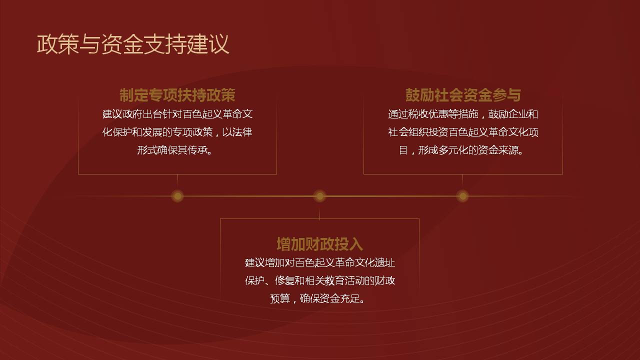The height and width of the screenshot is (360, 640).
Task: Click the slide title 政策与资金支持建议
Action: (x=133, y=44)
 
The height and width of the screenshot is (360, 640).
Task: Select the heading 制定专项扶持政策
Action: (x=177, y=95)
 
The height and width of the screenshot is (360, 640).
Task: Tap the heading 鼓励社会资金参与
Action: (x=463, y=95)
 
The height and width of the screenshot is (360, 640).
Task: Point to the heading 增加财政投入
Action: (x=319, y=244)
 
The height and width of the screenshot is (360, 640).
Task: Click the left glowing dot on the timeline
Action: (x=177, y=196)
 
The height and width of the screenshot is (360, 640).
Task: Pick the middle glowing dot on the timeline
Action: (x=319, y=196)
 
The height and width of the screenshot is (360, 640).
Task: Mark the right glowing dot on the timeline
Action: (x=462, y=196)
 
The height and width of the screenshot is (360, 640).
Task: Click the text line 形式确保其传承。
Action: (x=175, y=150)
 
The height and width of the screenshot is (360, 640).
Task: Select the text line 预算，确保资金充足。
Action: (x=317, y=298)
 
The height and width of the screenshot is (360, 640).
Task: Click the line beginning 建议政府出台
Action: (x=177, y=114)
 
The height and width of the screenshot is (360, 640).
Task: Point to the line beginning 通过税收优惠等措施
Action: (x=463, y=114)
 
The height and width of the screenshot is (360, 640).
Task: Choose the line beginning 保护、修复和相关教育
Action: (x=320, y=280)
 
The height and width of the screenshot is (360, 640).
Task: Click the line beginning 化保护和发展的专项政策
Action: (x=177, y=132)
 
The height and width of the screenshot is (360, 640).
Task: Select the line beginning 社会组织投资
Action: (x=463, y=132)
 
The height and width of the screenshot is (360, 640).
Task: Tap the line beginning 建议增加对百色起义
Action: (x=320, y=262)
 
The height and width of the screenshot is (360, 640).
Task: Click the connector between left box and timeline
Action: (x=177, y=181)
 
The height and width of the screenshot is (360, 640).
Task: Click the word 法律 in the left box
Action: (x=242, y=132)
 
